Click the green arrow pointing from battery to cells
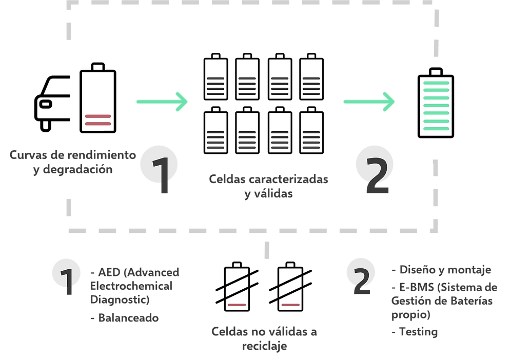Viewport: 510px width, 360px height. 162,101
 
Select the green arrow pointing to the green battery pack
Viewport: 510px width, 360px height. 369,101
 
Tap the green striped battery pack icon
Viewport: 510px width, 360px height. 435,106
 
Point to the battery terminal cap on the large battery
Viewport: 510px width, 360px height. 98,67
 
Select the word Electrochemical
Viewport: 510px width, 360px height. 131,285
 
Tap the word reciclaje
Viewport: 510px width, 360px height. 264,346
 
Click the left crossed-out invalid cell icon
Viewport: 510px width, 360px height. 237,288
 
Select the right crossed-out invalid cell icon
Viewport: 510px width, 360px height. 290,288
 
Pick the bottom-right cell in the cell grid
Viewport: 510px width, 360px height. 311,133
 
